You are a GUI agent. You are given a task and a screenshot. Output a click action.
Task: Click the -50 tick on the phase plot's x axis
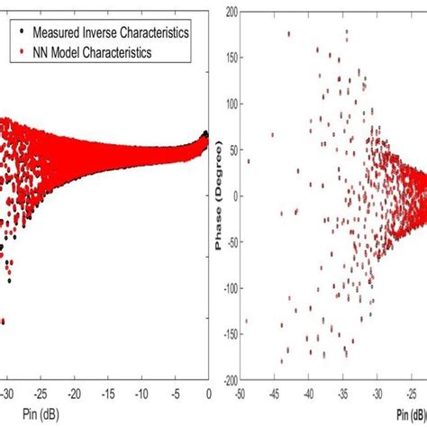click(x=241, y=394)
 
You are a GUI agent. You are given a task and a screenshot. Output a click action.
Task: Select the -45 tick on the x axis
click(x=275, y=394)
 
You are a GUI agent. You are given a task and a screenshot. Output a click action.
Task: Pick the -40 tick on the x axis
click(x=309, y=394)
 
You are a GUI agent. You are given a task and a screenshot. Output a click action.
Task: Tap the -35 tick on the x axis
click(x=343, y=394)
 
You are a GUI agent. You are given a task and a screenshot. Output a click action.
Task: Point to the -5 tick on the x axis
click(x=177, y=394)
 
